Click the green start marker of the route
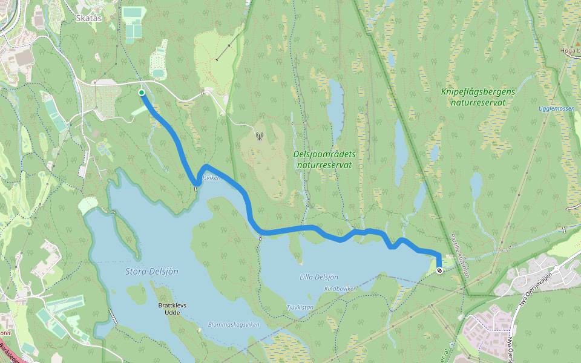(x=141, y=93)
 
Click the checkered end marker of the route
(x=439, y=270)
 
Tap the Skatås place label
(x=89, y=19)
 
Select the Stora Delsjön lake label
(x=151, y=271)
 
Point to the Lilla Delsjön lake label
(x=318, y=276)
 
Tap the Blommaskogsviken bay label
(x=233, y=324)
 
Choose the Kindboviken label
(x=340, y=289)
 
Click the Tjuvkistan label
(x=300, y=307)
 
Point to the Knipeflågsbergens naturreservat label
(x=478, y=97)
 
